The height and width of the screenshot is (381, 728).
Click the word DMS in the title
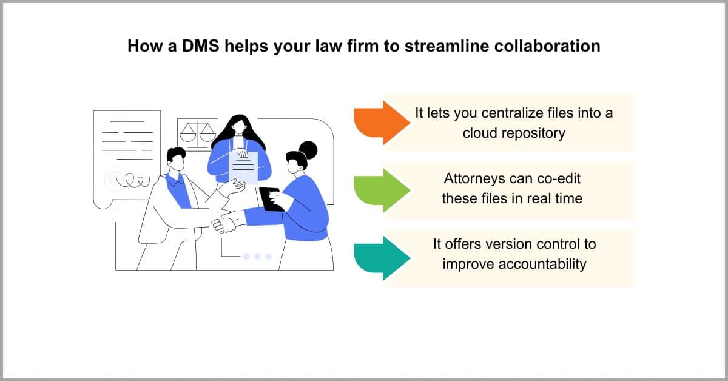pos(201,46)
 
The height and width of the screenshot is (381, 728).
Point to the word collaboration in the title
pos(547,46)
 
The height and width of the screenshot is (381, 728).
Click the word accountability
pos(542,264)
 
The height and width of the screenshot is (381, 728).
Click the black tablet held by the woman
pos(271,199)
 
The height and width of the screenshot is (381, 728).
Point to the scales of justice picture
pos(198,134)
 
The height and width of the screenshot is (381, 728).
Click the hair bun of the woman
pos(308,150)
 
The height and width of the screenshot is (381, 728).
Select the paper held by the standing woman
pos(243,167)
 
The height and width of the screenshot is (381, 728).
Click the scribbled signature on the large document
pos(133,180)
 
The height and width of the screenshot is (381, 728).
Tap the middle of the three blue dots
pos(257,257)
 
